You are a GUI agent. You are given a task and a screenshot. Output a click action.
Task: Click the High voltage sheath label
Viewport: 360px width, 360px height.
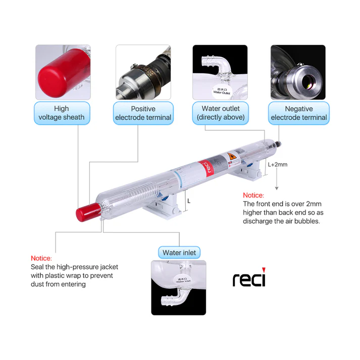pos(62,113)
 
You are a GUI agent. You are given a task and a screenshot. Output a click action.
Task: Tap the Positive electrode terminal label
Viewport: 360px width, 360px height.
pos(143,113)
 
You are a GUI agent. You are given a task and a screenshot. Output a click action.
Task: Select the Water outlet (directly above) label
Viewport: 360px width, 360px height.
pos(221,113)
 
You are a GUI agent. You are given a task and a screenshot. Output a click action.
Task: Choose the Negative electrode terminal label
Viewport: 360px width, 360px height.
pos(298,113)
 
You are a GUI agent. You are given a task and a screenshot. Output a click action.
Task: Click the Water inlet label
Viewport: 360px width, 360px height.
pos(179,252)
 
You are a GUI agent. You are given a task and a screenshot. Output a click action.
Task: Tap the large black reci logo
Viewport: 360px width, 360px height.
pos(249,279)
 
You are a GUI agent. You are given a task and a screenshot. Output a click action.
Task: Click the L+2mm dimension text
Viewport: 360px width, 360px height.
pos(277,165)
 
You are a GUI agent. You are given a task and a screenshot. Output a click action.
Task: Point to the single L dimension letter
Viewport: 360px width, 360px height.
pos(189,200)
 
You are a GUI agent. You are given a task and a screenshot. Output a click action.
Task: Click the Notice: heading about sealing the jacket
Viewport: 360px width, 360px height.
pos(41,258)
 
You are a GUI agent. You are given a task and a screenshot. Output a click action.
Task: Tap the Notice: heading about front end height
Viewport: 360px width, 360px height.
pos(253,195)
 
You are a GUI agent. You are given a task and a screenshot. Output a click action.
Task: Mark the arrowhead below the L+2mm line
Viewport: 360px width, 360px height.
pos(276,188)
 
